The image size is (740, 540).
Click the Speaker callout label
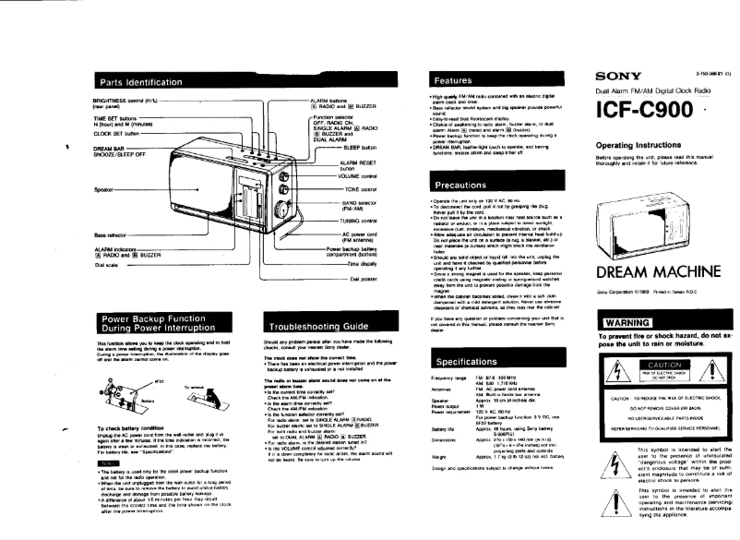click(102, 191)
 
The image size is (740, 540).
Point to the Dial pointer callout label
click(359, 277)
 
